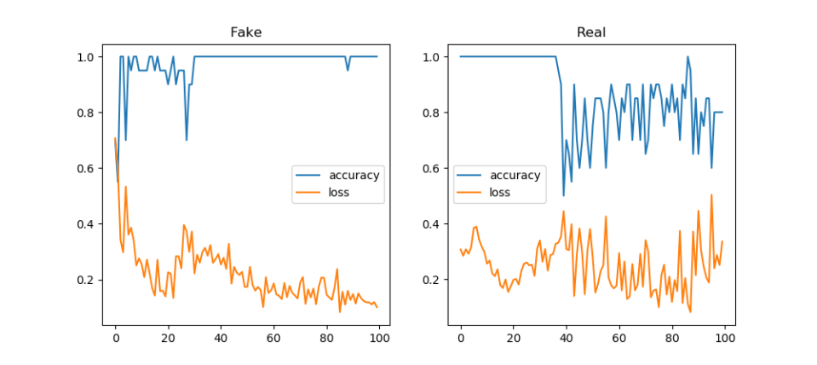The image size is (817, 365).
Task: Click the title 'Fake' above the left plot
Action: tap(246, 32)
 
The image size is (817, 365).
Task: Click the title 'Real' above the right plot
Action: tap(591, 32)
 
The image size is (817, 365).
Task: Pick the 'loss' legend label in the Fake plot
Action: tap(339, 193)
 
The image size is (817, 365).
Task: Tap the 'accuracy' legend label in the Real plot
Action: tap(515, 176)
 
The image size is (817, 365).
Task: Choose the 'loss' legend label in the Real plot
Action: tap(500, 193)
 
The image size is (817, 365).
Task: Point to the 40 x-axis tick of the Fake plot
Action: tap(221, 339)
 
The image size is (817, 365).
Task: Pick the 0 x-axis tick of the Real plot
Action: tap(461, 339)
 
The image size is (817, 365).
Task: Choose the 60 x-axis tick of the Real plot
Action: tap(619, 339)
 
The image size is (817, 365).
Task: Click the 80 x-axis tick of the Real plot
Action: tap(671, 339)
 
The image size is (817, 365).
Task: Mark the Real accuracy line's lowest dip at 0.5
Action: tap(563, 196)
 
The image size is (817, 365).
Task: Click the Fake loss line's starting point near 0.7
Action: tap(115, 138)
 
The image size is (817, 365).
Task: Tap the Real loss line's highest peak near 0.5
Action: tap(711, 195)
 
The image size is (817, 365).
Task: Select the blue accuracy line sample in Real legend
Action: tap(470, 176)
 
